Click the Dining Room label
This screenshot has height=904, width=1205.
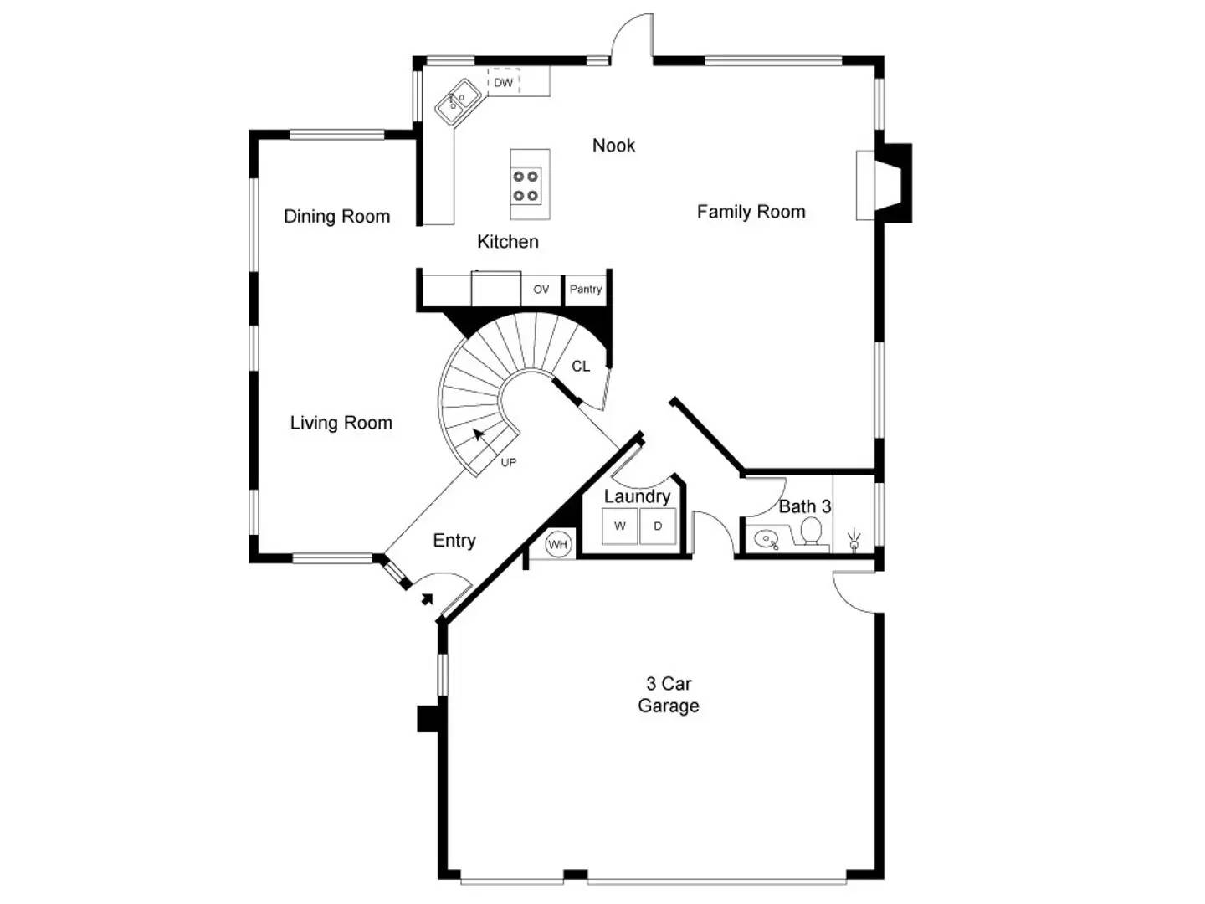336,217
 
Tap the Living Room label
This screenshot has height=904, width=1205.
341,423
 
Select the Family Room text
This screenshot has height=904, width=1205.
751,212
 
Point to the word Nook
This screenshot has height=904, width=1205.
613,146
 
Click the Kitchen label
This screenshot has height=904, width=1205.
507,242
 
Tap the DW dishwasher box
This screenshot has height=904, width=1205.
503,82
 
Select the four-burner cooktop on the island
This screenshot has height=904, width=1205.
526,186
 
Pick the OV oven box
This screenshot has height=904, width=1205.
541,290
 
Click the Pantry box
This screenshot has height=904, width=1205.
586,290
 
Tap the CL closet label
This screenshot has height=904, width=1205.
581,366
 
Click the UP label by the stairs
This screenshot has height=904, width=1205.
508,462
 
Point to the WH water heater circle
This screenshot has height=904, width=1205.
557,544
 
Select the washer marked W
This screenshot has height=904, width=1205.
620,526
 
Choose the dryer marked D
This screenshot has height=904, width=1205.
658,526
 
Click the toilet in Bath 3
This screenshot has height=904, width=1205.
811,532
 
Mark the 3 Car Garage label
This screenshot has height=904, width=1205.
668,695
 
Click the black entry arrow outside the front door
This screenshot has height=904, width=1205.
428,598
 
